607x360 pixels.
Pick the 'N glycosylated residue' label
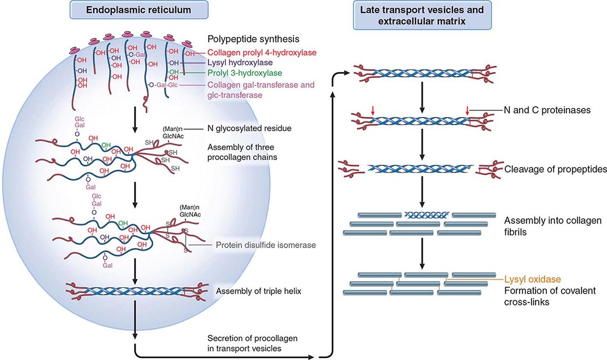[248, 129]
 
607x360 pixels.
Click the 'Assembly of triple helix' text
[251, 291]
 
